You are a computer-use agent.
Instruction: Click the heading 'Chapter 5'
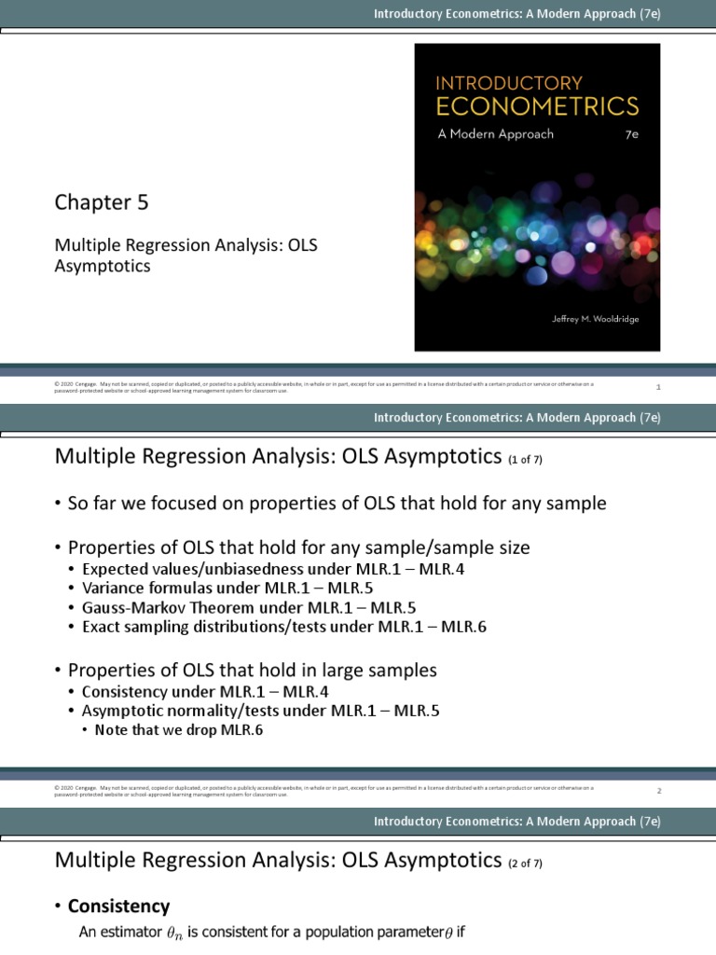click(x=101, y=202)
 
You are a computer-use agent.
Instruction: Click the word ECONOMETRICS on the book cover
click(x=538, y=105)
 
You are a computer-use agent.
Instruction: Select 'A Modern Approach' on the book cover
click(x=495, y=133)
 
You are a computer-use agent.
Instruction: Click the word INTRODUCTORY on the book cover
click(x=509, y=82)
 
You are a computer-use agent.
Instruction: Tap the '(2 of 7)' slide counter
click(x=526, y=864)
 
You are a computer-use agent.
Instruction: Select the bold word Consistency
click(x=118, y=906)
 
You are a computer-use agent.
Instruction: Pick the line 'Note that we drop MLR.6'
click(x=179, y=730)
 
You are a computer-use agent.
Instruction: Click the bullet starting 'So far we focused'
click(x=337, y=504)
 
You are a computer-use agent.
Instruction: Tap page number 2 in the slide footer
click(x=659, y=791)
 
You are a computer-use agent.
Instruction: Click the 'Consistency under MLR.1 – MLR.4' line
click(x=205, y=691)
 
